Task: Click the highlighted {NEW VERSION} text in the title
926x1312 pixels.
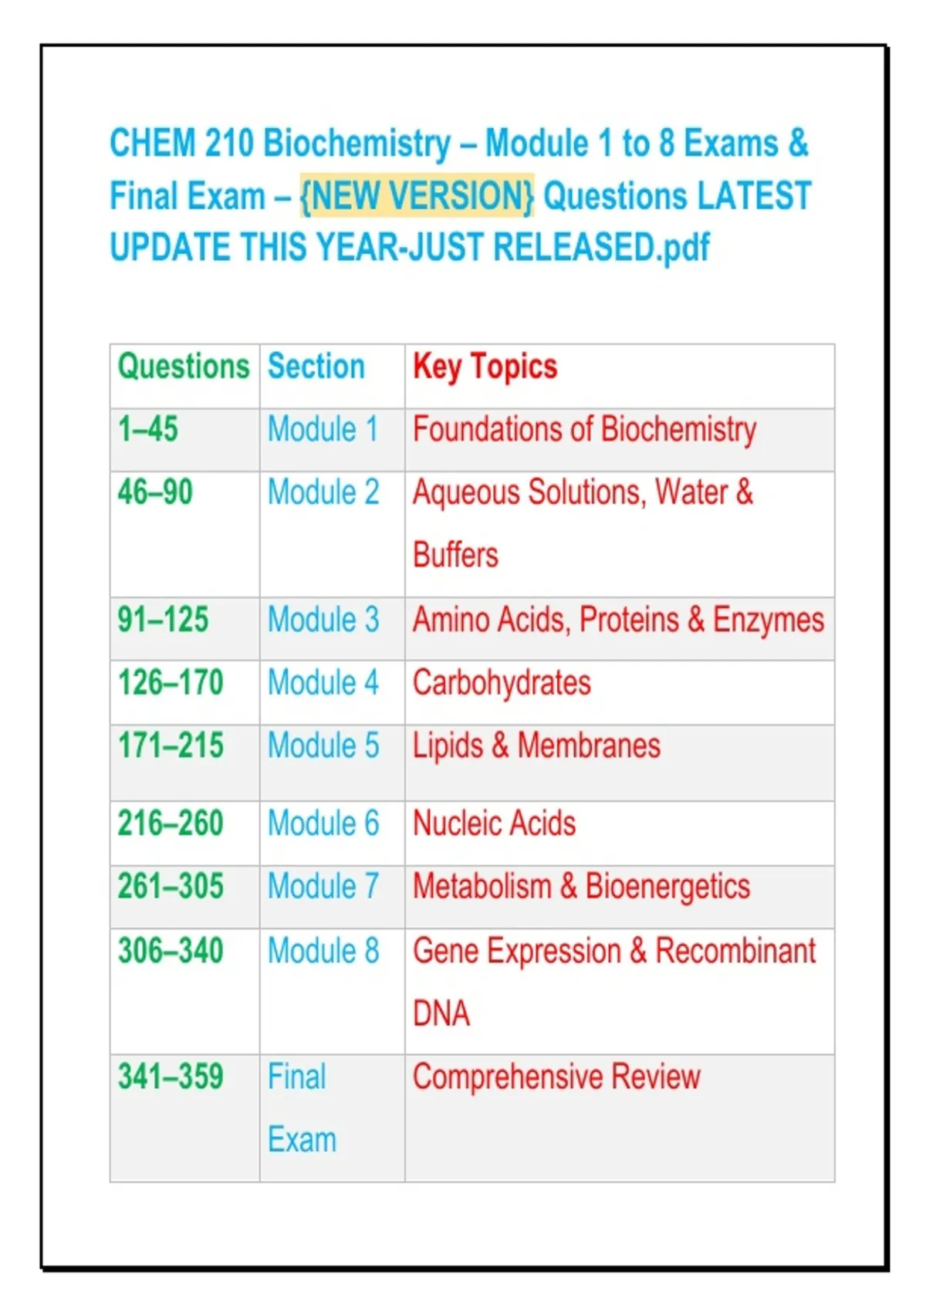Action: (x=417, y=195)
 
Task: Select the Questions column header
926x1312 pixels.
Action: (x=184, y=367)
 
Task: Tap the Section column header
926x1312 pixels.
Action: (x=316, y=367)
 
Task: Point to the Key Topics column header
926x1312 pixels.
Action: (x=485, y=367)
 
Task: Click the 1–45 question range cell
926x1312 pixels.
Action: (x=147, y=429)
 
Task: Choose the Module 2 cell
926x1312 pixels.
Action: (x=323, y=492)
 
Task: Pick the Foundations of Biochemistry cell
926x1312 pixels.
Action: (x=584, y=430)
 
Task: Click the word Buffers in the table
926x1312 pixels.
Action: (x=456, y=555)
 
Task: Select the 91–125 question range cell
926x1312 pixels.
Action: (x=163, y=619)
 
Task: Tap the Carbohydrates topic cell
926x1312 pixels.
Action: (x=502, y=683)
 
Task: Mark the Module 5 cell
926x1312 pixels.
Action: (x=323, y=746)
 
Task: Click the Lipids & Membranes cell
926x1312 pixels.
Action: (x=536, y=746)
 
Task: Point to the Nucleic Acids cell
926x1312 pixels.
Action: (x=495, y=823)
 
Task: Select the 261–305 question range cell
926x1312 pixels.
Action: (x=171, y=886)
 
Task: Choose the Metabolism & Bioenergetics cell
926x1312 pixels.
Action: (x=582, y=886)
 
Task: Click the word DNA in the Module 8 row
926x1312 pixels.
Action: (x=441, y=1013)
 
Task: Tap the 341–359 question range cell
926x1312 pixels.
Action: (x=171, y=1077)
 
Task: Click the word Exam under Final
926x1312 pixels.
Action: (x=302, y=1140)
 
